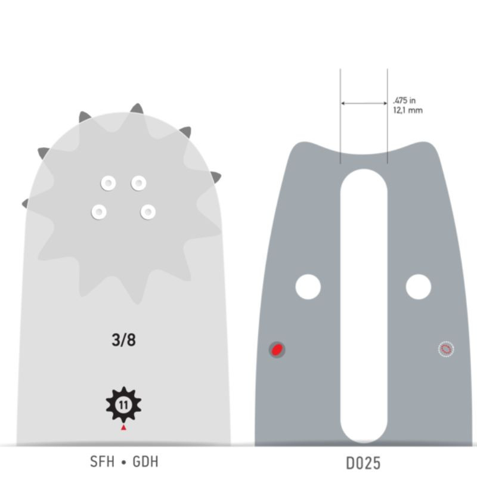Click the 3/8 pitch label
pos(124,340)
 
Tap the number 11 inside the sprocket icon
pos(123,405)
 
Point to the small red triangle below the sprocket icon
pos(123,428)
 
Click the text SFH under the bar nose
pos(102,461)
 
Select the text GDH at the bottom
pos(145,461)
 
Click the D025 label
pos(363,463)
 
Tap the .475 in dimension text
pos(404,100)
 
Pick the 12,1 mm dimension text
pos(408,110)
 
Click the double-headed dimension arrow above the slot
pos(364,103)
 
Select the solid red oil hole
pos(277,349)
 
